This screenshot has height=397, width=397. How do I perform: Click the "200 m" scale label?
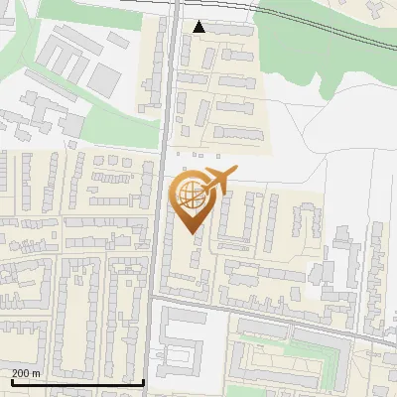[x=26, y=373]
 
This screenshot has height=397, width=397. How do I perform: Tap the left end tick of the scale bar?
[x=11, y=382]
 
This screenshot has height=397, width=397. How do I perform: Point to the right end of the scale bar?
[x=144, y=382]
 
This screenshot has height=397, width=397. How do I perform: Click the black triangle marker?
[x=200, y=27]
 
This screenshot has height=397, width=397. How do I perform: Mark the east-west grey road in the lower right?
[x=298, y=319]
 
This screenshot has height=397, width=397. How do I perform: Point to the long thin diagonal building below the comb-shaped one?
[x=268, y=272]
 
